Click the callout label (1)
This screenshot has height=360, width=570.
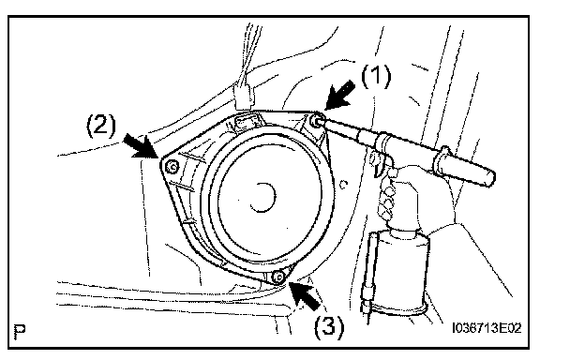tap(376, 76)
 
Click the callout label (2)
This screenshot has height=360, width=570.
tap(101, 125)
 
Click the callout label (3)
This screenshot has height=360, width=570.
tap(329, 326)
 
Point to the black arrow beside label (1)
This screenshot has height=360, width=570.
tap(339, 96)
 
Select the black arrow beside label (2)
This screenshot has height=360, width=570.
tap(141, 145)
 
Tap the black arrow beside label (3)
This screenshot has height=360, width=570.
tap(306, 295)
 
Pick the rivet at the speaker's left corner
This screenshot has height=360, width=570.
tap(172, 167)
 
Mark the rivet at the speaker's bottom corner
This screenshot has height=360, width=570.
tap(278, 277)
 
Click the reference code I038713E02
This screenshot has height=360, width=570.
tap(487, 328)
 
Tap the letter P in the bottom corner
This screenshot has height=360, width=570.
tap(20, 331)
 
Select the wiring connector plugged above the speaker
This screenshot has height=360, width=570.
tap(244, 97)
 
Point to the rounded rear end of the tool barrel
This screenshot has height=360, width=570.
tap(489, 177)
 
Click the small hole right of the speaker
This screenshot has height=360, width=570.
tap(343, 184)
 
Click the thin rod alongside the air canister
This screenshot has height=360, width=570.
tap(369, 273)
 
